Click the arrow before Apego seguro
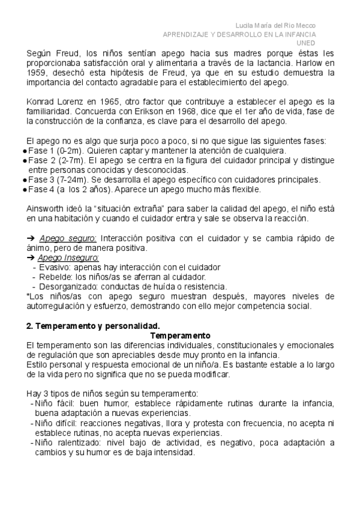(x=31, y=238)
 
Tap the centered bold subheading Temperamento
(x=180, y=336)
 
